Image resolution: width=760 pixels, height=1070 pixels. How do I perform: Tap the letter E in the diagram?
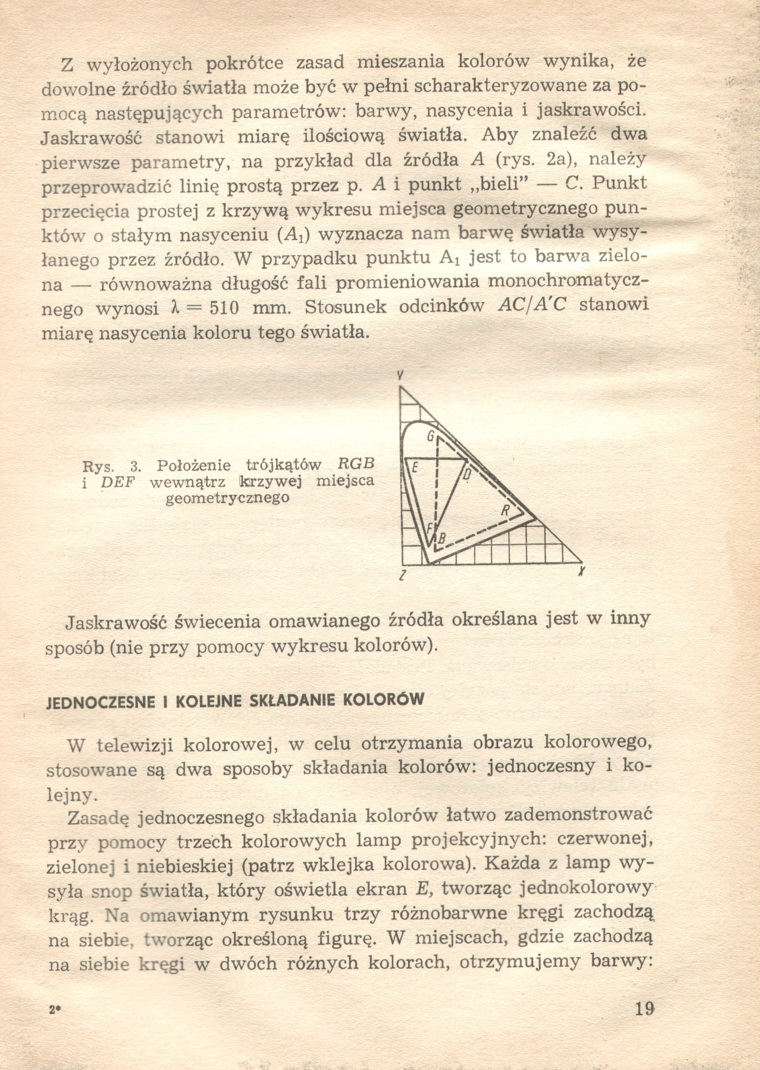point(414,467)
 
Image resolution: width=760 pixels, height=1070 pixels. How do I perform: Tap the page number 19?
point(644,1009)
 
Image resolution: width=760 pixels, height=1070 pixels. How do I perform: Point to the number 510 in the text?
point(224,309)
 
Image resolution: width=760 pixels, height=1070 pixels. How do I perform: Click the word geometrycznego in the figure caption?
point(228,498)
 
